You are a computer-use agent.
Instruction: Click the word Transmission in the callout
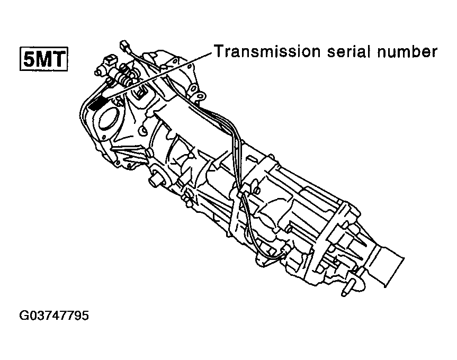click(x=266, y=51)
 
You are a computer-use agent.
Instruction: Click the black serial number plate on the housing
click(x=96, y=104)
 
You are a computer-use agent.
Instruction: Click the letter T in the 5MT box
click(x=59, y=59)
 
